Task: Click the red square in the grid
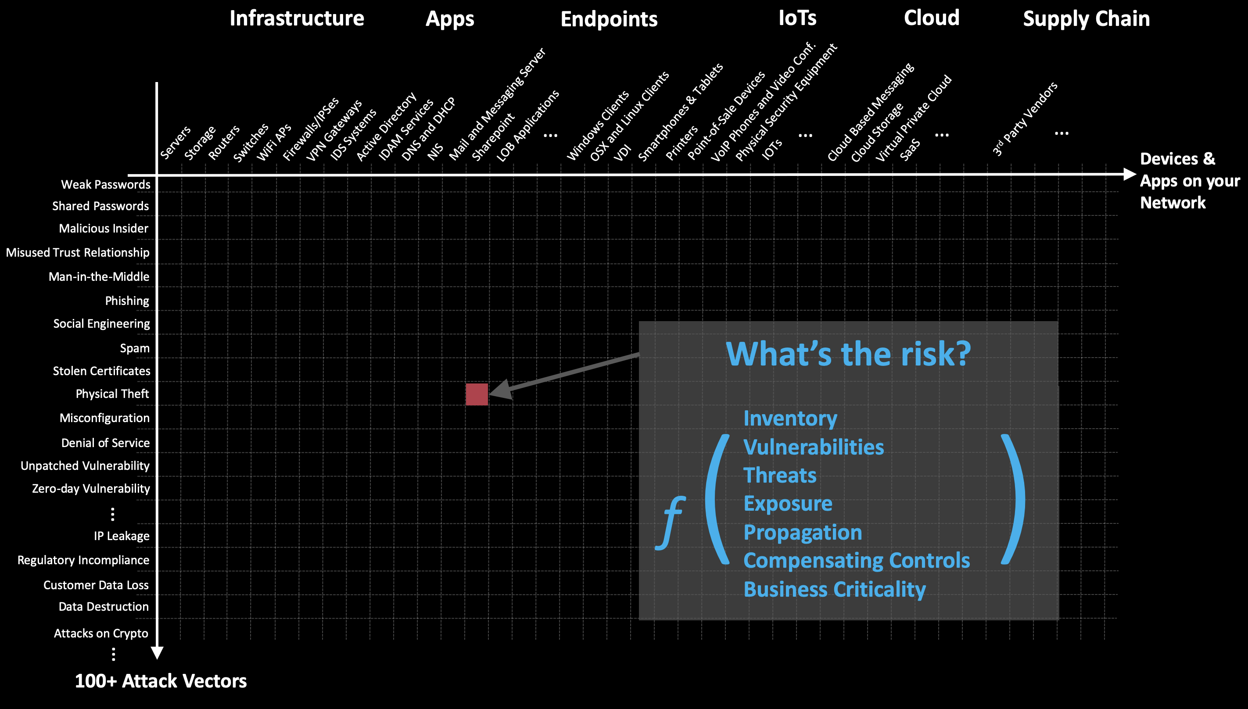pos(477,394)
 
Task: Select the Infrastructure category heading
pos(297,18)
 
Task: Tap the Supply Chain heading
pos(1087,19)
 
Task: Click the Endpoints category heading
pos(609,19)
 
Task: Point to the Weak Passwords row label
pos(106,185)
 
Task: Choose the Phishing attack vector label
pos(127,301)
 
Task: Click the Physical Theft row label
pos(112,394)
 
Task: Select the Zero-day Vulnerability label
pos(91,488)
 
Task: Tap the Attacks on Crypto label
pos(101,633)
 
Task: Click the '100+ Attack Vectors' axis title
pos(161,681)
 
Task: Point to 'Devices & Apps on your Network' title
pos(1190,181)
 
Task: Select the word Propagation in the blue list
pos(803,533)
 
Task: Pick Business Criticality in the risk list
pos(835,589)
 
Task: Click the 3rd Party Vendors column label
pos(1025,119)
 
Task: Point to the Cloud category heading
pos(932,18)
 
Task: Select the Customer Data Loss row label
pos(96,585)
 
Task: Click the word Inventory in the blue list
pos(790,419)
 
